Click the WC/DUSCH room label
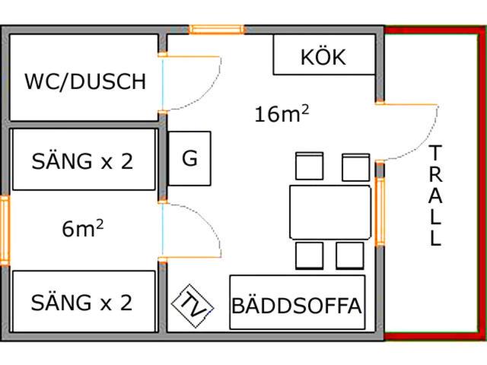click(x=85, y=81)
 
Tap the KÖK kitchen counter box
click(x=324, y=55)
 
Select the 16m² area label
click(x=282, y=113)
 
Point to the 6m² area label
click(x=83, y=228)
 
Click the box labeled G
click(x=189, y=159)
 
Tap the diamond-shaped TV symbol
click(x=193, y=306)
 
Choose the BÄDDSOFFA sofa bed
click(x=298, y=303)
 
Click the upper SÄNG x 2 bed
click(x=84, y=159)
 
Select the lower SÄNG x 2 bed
click(x=84, y=301)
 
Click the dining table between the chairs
click(x=330, y=212)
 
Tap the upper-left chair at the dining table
click(x=310, y=166)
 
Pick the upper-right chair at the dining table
click(x=355, y=167)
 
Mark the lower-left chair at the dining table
click(x=310, y=255)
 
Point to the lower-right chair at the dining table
click(x=350, y=255)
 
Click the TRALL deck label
click(x=435, y=195)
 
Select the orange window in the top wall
click(x=217, y=30)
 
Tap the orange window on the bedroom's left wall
click(x=5, y=230)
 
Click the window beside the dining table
click(x=380, y=212)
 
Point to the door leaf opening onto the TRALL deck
click(x=406, y=104)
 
